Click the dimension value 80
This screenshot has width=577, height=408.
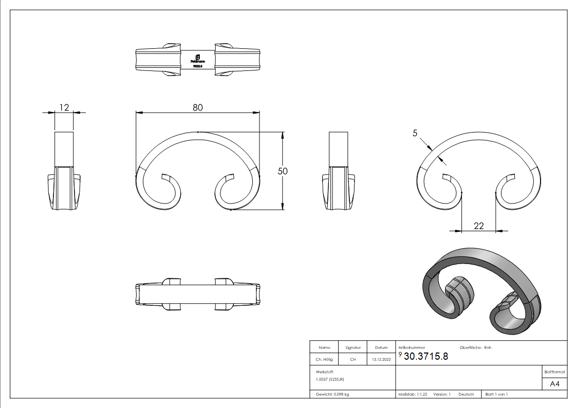point(198,107)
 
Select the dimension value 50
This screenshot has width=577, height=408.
point(283,171)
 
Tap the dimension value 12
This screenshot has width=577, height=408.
point(64,107)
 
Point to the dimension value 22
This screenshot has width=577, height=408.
point(479,226)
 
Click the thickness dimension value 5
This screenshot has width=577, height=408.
point(415,133)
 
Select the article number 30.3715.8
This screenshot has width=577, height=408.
point(426,357)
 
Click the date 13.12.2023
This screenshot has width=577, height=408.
point(381,360)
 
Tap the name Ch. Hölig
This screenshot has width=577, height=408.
point(324,360)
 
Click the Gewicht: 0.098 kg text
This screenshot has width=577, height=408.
point(332,395)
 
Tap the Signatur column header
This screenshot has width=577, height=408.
point(353,348)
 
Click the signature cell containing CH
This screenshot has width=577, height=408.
point(353,360)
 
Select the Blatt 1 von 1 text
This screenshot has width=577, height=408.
point(496,395)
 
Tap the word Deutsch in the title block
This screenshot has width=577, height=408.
point(466,395)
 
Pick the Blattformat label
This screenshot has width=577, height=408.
point(554,372)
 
